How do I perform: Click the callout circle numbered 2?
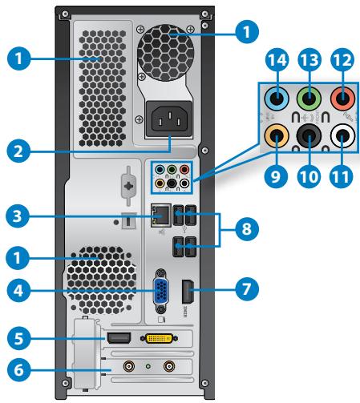14,151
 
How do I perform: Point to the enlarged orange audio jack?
277,138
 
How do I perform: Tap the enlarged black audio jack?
310,138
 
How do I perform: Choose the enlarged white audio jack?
344,138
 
